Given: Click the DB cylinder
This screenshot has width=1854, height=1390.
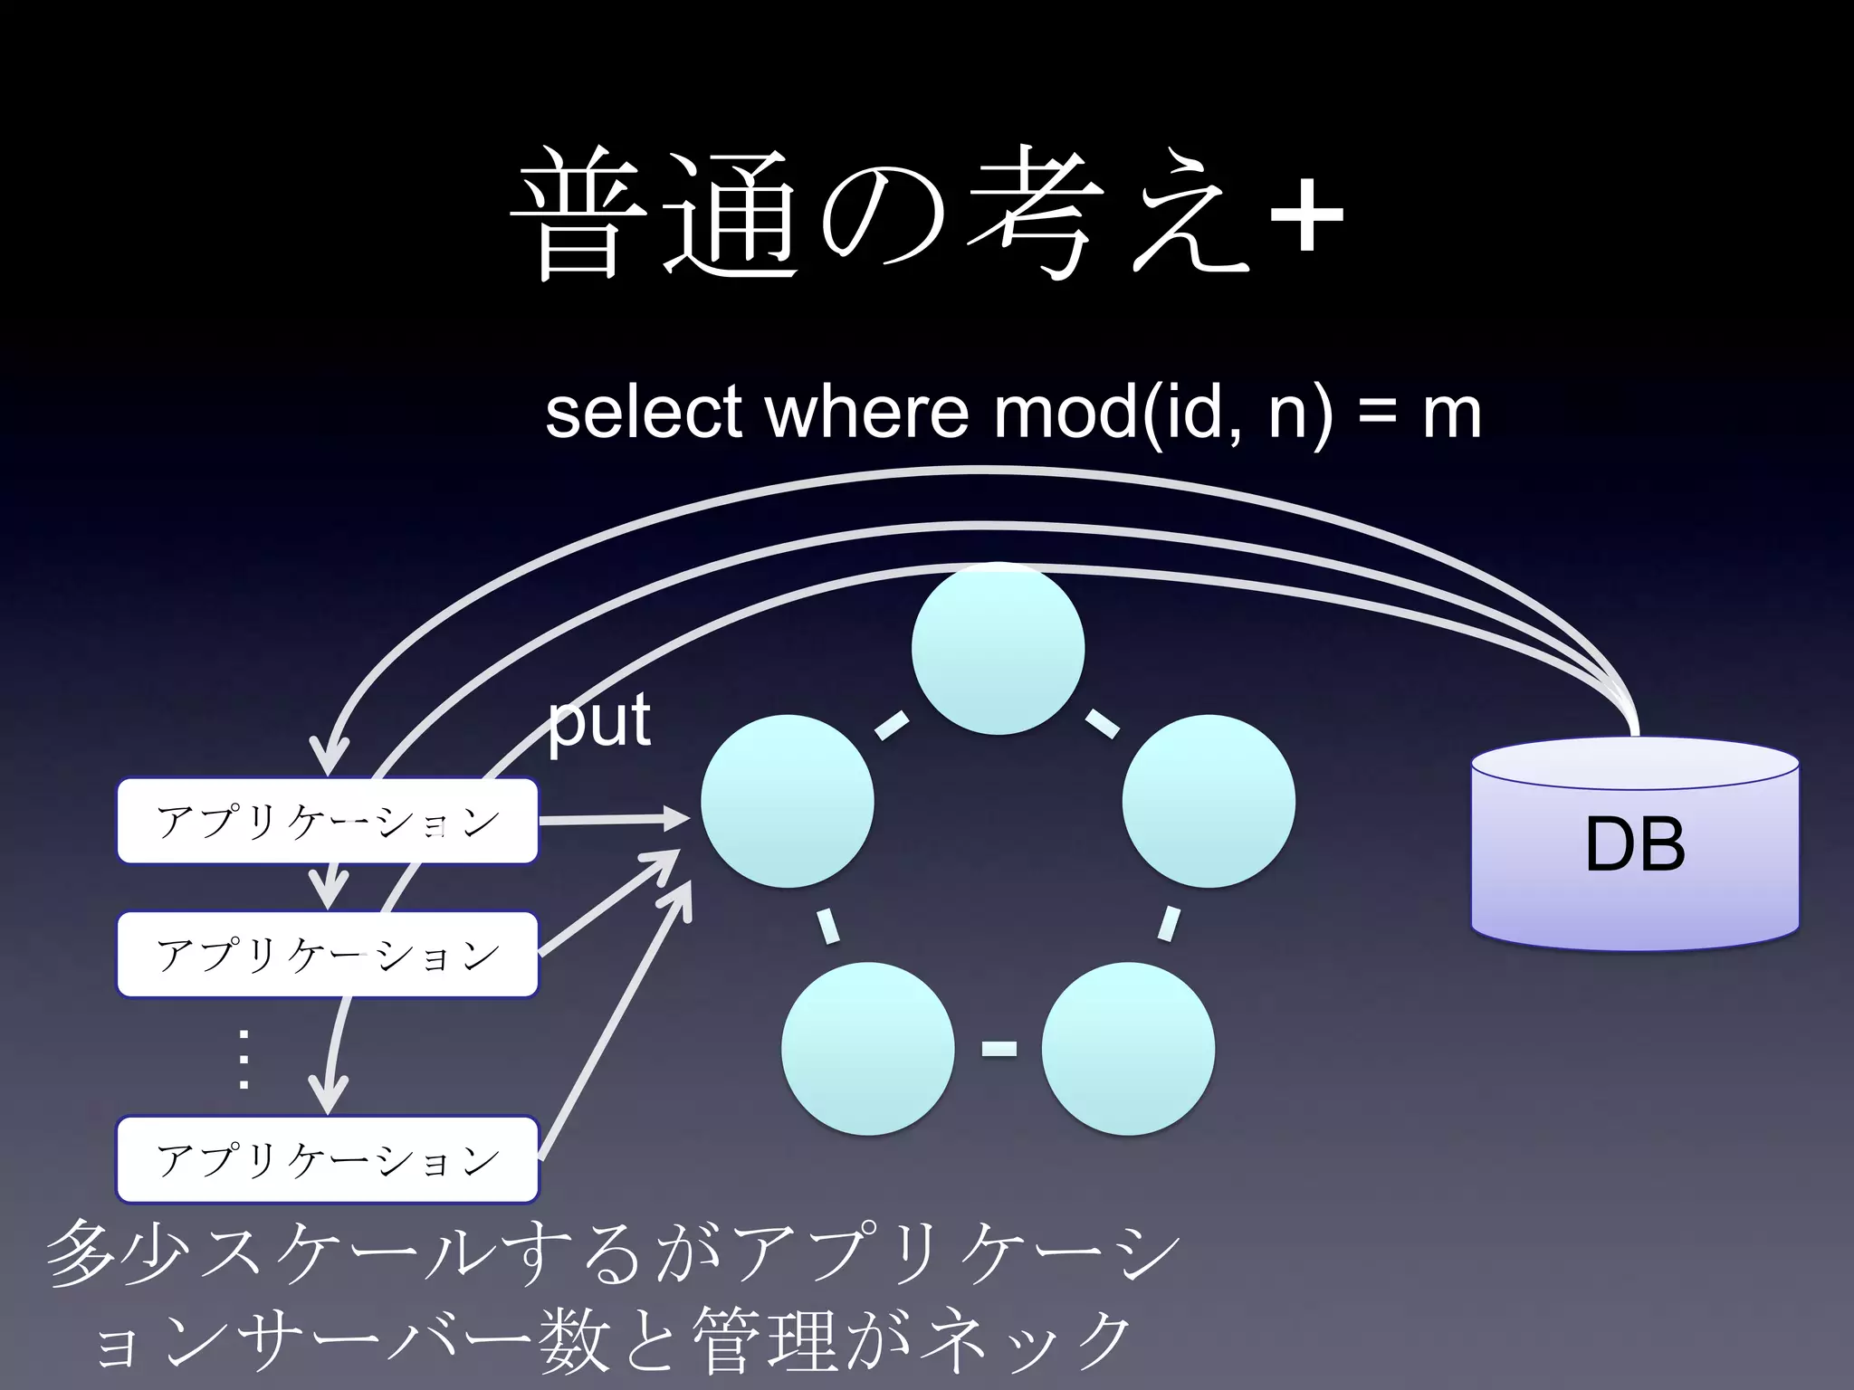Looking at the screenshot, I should [1635, 845].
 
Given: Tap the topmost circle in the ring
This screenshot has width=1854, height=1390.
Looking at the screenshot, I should [998, 648].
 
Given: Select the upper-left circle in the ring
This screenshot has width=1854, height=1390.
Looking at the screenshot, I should [788, 802].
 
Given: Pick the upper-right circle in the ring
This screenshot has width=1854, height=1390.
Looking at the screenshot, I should [1209, 802].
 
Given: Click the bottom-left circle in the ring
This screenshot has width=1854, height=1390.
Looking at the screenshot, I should [867, 1049].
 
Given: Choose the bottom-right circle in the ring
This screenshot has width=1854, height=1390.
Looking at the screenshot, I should [1128, 1049].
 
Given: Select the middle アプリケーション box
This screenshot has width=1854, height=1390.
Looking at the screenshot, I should [328, 955].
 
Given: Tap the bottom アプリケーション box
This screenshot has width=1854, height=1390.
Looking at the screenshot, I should [328, 1160].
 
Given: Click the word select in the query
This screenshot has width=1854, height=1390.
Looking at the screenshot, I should [644, 413].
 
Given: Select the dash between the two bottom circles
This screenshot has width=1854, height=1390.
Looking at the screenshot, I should [999, 1050].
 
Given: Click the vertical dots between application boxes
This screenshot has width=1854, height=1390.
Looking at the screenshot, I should [244, 1059].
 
